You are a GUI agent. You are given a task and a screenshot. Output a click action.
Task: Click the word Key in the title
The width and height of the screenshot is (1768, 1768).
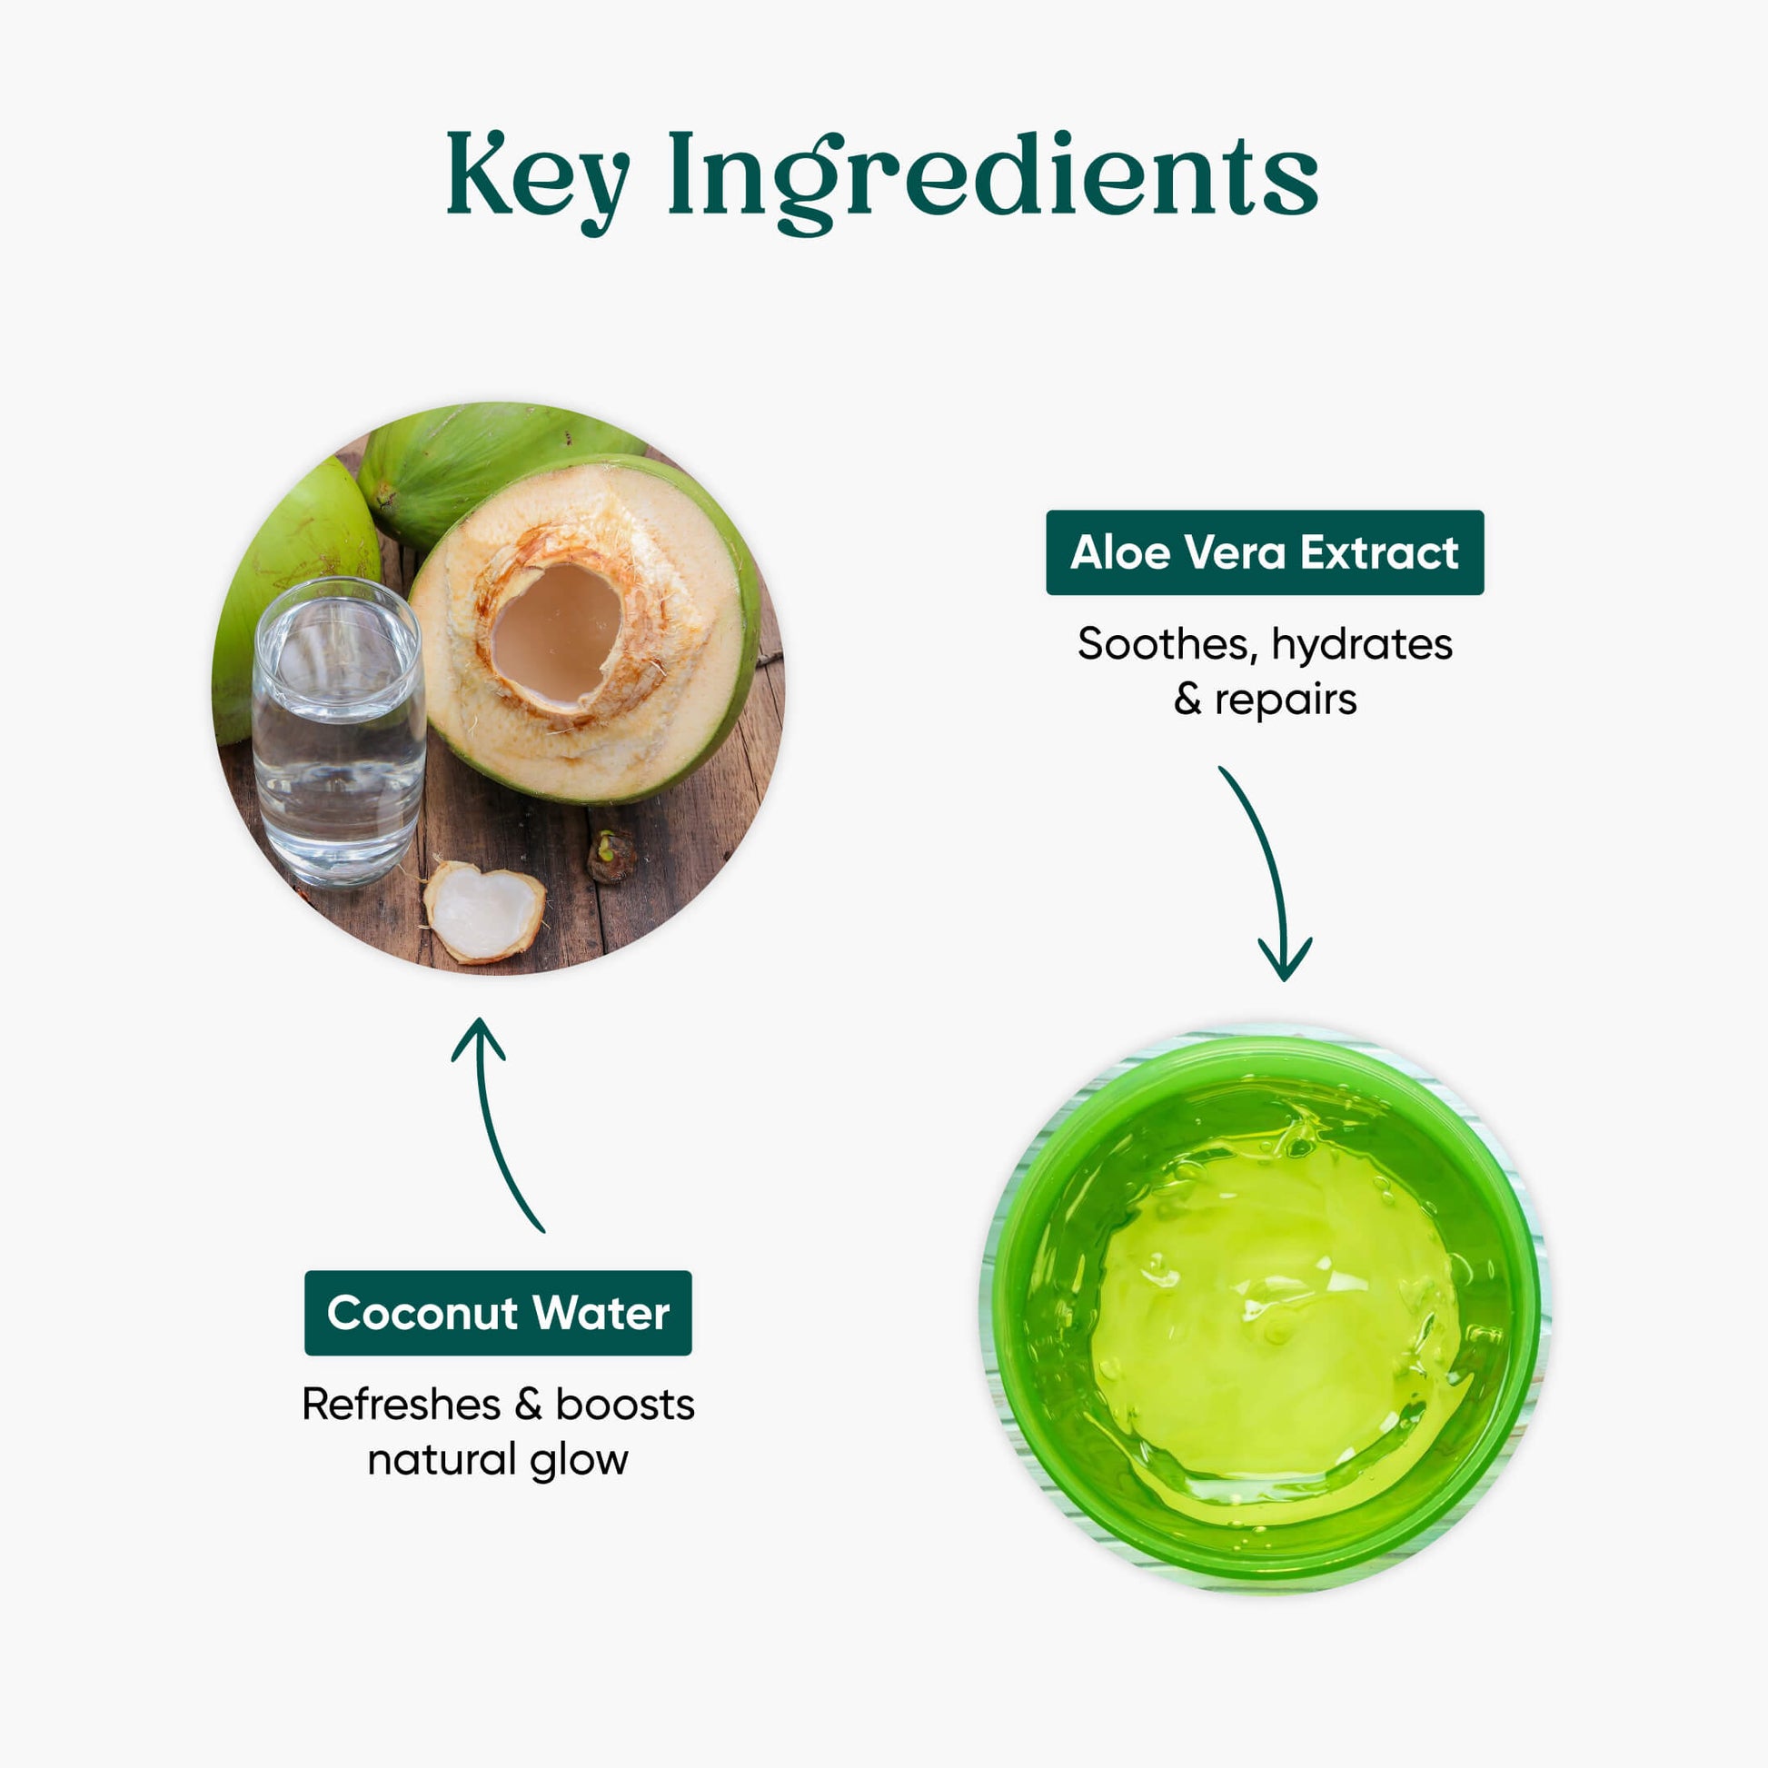pyautogui.click(x=538, y=179)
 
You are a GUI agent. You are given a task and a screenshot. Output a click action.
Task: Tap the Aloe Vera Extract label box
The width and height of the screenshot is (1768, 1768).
pyautogui.click(x=1265, y=552)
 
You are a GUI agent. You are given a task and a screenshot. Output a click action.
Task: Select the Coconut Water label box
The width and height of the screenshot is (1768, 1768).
pyautogui.click(x=498, y=1313)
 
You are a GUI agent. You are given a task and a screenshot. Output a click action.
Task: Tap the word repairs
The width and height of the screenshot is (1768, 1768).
pyautogui.click(x=1285, y=701)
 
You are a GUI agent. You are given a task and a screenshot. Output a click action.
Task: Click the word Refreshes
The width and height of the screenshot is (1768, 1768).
pyautogui.click(x=401, y=1405)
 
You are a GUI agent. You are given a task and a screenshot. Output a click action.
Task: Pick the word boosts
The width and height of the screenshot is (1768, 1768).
pyautogui.click(x=625, y=1405)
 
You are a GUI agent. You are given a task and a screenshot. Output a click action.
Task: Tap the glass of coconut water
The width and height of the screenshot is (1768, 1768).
pyautogui.click(x=339, y=733)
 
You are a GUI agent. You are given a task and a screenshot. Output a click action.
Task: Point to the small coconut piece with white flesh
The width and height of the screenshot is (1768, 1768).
pyautogui.click(x=484, y=911)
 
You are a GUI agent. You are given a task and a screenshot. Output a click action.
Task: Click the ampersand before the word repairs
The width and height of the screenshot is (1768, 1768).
pyautogui.click(x=1187, y=701)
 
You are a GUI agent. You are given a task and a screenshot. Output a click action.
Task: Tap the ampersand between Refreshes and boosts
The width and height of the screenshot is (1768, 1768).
pyautogui.click(x=528, y=1405)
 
